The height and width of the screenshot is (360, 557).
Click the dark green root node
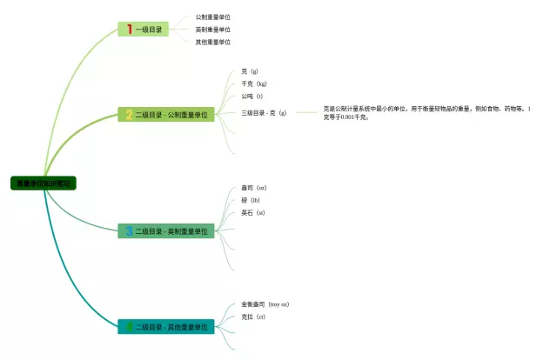pos(44,183)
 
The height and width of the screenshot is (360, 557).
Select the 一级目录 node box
pos(144,30)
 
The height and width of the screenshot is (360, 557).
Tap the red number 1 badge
pos(130,30)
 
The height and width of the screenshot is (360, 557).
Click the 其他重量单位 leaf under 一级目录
pos(212,42)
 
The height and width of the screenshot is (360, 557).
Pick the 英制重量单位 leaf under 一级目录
pos(212,30)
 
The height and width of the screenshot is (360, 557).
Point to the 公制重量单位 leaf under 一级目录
pos(212,17)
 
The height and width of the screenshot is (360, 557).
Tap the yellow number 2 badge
pos(129,114)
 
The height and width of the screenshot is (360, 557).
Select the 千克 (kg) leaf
pos(254,83)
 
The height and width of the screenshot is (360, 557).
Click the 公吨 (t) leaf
pos(252,97)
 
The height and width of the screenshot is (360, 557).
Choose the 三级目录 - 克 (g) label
pos(264,112)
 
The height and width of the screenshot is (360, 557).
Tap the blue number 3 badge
pos(129,230)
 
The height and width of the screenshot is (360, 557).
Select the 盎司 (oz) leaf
pos(253,188)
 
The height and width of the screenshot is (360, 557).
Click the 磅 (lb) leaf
pos(251,200)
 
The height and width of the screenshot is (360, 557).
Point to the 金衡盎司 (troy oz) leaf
pos(265,304)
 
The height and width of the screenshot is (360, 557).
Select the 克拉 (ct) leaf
pos(253,317)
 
